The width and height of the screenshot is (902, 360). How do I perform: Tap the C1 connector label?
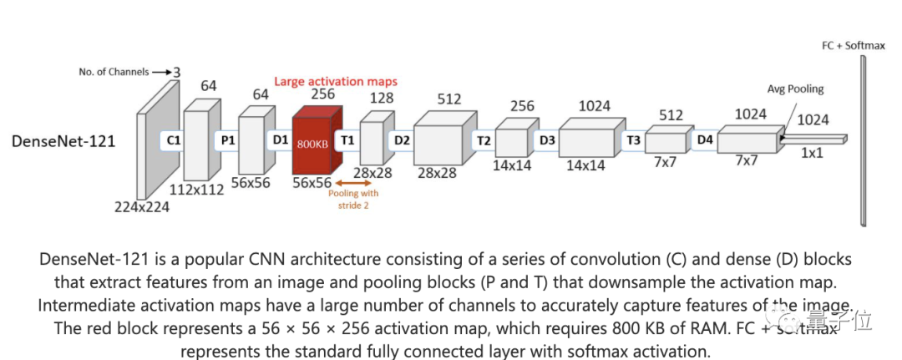tap(174, 140)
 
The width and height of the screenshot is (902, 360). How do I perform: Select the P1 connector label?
tap(226, 140)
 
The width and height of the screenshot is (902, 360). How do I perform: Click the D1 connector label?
tap(280, 140)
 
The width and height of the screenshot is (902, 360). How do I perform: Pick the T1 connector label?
tap(347, 140)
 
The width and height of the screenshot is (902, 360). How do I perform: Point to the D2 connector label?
tap(402, 140)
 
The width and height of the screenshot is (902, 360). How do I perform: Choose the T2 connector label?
tap(483, 140)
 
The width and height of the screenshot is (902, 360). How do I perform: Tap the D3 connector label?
tap(546, 140)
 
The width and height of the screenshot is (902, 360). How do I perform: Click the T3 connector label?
tap(633, 140)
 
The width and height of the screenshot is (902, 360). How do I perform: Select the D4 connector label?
tap(705, 140)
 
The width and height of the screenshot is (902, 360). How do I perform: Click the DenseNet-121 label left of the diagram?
tap(63, 142)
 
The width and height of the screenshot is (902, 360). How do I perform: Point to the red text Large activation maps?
tap(336, 81)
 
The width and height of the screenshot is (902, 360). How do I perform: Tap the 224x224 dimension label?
tap(142, 207)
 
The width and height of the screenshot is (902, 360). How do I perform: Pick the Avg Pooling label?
tap(795, 89)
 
